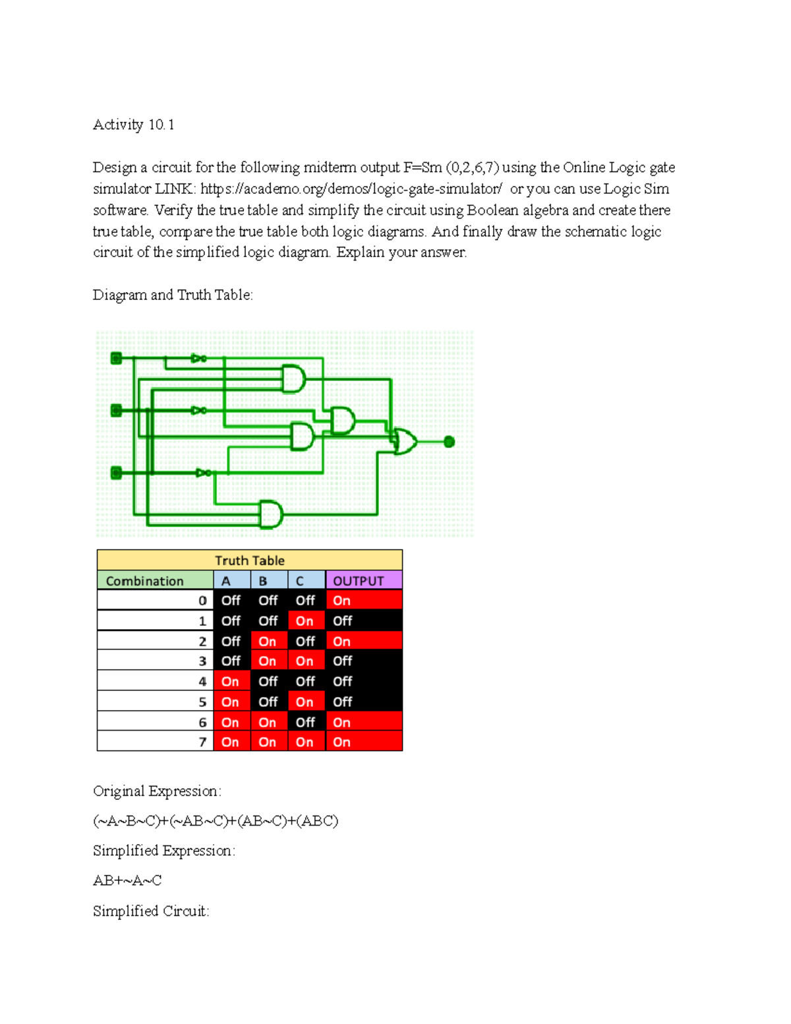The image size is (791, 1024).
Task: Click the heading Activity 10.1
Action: point(133,125)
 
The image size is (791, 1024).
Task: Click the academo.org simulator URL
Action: point(351,189)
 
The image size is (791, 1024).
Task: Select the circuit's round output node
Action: point(449,442)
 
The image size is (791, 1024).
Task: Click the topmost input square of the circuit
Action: point(117,358)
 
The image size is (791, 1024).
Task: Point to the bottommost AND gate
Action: point(270,514)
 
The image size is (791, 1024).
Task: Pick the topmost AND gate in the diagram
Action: point(293,378)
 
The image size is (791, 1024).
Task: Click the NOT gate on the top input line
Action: point(198,359)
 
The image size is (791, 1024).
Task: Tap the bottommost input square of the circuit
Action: point(117,473)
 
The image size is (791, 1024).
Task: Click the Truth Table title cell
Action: point(249,560)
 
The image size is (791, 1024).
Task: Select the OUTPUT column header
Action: point(363,580)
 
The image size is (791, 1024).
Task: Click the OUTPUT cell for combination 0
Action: point(363,600)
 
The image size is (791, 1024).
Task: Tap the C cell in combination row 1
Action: point(305,620)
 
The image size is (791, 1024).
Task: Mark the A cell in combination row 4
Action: point(231,681)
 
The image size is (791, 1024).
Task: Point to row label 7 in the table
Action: point(202,742)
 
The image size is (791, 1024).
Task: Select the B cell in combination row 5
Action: point(268,702)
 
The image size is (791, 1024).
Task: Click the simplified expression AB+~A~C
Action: point(127,880)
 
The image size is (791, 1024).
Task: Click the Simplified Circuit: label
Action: point(151,911)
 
